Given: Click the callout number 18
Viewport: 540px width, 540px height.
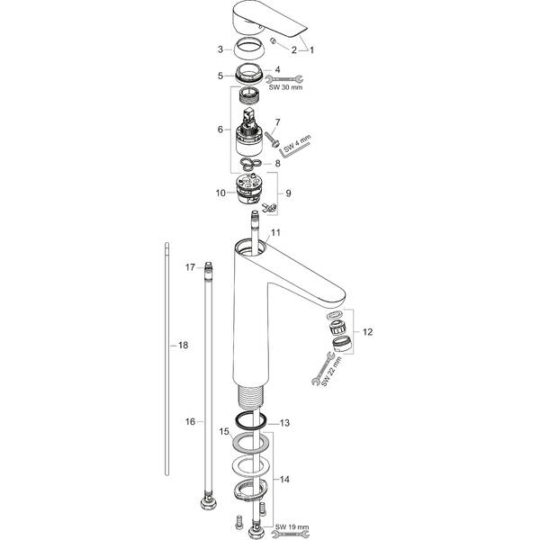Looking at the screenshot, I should coord(183,345).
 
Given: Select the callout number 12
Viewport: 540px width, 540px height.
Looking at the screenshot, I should coord(367,331).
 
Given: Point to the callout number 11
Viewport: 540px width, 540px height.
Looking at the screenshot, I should coord(276,233).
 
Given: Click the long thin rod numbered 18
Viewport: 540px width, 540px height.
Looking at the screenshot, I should coord(168,360).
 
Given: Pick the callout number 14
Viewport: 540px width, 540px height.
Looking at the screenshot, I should coord(284,481).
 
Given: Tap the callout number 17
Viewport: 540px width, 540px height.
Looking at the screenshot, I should coord(191,267).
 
